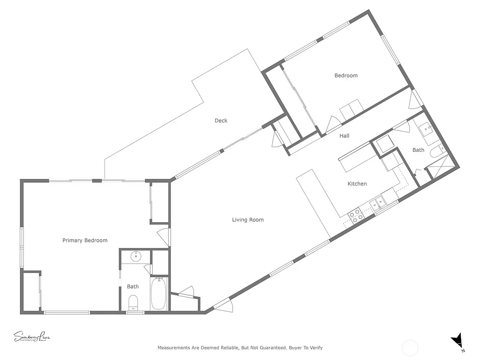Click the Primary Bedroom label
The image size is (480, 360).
pos(85,240)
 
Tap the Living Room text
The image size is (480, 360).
pos(248,219)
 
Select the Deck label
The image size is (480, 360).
pos(221,120)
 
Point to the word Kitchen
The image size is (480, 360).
pos(357,184)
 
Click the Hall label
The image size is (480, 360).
pos(345,136)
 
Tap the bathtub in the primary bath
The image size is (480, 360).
pos(158,293)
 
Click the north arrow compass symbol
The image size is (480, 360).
pos(457,341)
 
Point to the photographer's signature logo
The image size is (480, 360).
pos(31,337)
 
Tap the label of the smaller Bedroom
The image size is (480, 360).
pos(346,75)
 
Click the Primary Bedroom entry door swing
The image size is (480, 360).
pos(165,236)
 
